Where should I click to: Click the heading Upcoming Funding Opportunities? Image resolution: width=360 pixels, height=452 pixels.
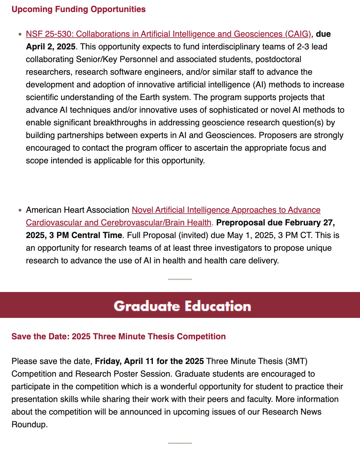[x=79, y=9]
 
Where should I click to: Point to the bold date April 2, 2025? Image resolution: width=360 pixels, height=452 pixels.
[x=51, y=47]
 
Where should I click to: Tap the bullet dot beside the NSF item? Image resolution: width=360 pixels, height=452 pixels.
[x=20, y=34]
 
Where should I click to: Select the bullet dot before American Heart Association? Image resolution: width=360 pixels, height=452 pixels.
[x=20, y=210]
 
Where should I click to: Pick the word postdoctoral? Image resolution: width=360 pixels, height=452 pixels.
[x=278, y=59]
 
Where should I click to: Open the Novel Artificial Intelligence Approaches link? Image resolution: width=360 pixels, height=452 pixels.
[x=226, y=210]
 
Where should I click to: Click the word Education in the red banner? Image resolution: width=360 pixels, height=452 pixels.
[x=218, y=306]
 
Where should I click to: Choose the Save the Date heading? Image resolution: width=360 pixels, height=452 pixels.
[x=119, y=337]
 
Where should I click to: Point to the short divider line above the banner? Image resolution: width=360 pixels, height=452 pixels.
[x=180, y=279]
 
